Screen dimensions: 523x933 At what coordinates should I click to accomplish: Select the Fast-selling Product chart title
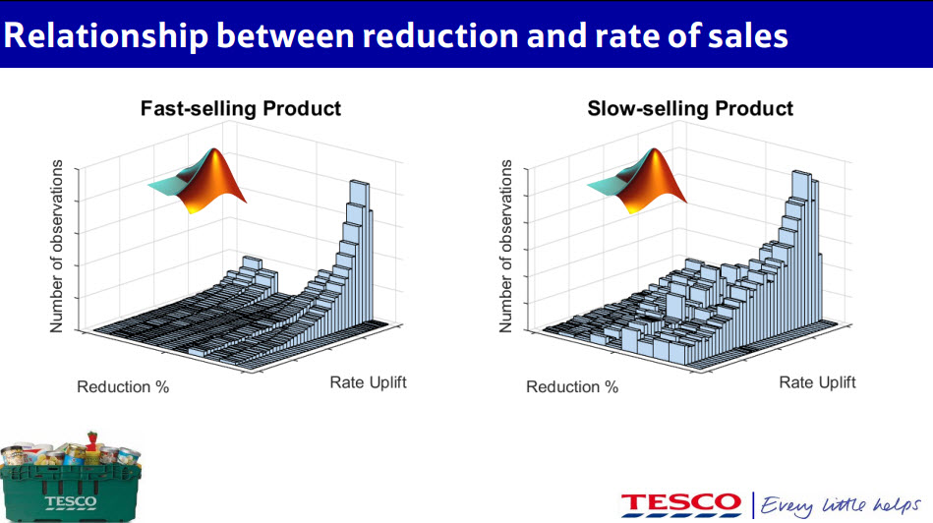pos(241,108)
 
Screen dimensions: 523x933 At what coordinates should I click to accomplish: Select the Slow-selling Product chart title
pos(689,108)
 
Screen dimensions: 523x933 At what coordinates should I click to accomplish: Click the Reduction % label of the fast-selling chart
pos(123,386)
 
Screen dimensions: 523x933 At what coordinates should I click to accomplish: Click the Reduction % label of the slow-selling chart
pos(572,386)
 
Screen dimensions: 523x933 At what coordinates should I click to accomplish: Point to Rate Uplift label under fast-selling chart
pos(368,381)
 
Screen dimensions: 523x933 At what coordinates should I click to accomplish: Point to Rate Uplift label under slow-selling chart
pos(817,381)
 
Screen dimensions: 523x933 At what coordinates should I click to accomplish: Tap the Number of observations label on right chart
pos(506,245)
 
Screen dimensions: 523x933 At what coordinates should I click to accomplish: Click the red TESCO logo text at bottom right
pos(680,502)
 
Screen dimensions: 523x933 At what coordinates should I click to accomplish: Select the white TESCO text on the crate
pos(71,501)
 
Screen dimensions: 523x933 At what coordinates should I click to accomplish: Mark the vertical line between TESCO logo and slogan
pos(753,503)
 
